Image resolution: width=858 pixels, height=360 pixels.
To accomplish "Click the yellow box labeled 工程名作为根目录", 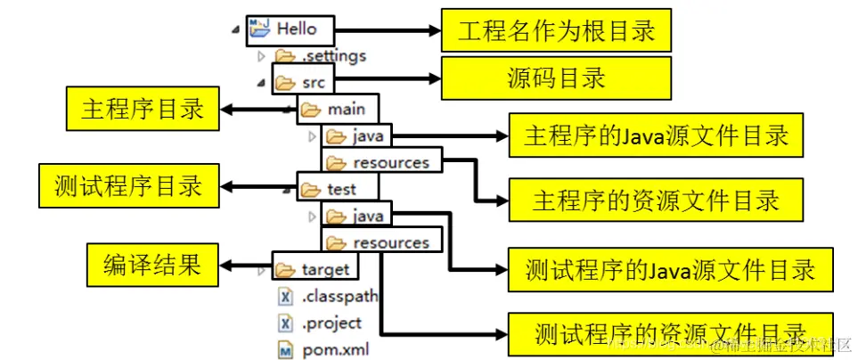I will (556, 31).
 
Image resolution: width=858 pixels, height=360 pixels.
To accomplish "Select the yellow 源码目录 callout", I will (556, 78).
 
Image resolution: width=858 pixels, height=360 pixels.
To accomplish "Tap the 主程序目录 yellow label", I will (142, 110).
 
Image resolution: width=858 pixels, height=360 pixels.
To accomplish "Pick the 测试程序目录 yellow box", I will (128, 186).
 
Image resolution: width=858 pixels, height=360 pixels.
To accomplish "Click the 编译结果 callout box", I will (151, 265).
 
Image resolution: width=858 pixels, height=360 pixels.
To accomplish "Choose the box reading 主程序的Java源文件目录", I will (656, 135).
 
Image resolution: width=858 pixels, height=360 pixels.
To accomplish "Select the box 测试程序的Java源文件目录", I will (669, 268).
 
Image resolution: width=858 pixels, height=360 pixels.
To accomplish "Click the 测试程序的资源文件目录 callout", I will (669, 332).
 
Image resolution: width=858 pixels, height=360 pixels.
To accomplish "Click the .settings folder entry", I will (331, 55).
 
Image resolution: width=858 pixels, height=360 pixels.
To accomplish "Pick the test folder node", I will (339, 189).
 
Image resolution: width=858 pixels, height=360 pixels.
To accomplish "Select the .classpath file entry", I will (338, 295).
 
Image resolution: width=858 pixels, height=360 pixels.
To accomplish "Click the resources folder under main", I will (389, 162).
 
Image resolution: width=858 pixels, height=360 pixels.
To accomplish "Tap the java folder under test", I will (366, 216).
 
